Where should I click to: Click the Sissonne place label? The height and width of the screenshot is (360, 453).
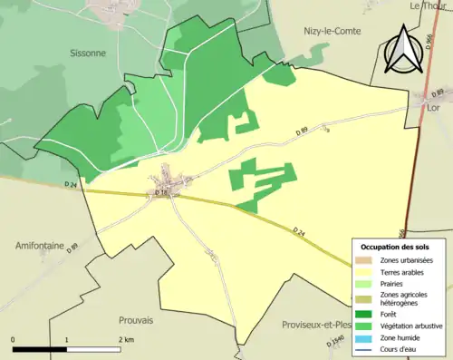[x=88, y=54]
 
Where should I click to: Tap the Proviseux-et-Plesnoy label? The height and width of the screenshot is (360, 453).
[x=317, y=324]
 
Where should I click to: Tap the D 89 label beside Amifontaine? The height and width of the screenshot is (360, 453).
[x=72, y=247]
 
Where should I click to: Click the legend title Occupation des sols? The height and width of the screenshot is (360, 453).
[x=396, y=247]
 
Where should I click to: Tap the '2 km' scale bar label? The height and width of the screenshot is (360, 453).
[x=126, y=339]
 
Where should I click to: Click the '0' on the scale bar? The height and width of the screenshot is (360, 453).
[x=13, y=339]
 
